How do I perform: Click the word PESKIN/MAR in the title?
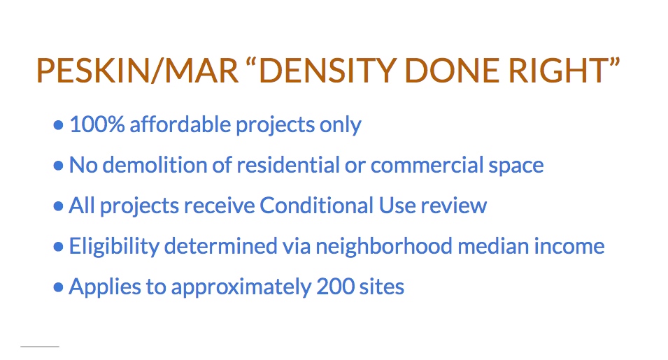click(137, 70)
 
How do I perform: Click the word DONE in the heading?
click(452, 70)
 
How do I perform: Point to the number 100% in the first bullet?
click(97, 124)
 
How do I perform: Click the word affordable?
click(180, 124)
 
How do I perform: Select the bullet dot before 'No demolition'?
click(58, 165)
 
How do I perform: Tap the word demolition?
click(155, 165)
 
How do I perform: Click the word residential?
click(288, 165)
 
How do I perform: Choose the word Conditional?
click(317, 205)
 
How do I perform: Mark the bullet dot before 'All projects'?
click(58, 206)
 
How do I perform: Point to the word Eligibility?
click(114, 247)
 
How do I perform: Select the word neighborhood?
click(383, 246)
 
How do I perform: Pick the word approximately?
click(241, 287)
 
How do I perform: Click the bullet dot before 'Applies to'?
click(58, 287)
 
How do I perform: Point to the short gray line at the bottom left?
click(40, 347)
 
